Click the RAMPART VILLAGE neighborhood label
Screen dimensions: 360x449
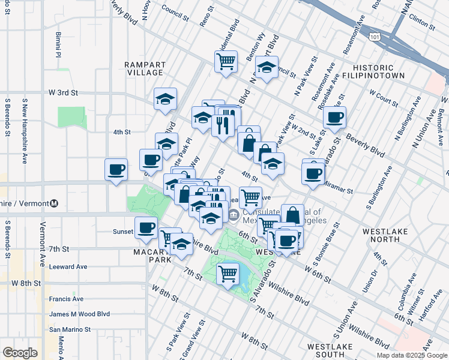pos(143,68)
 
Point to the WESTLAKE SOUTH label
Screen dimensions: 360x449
pos(330,350)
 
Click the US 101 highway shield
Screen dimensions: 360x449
pos(375,37)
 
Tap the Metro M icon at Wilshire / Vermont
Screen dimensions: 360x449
pos(54,203)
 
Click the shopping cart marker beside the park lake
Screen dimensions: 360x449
pos(228,275)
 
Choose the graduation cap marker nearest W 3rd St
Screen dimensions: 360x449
pos(165,99)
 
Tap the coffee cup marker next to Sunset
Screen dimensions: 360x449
pos(146,227)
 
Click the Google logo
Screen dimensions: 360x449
pos(20,352)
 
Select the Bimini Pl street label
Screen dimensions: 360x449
pos(59,45)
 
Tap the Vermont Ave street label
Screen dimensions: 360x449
pos(43,240)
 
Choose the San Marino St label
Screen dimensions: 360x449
pos(70,329)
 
